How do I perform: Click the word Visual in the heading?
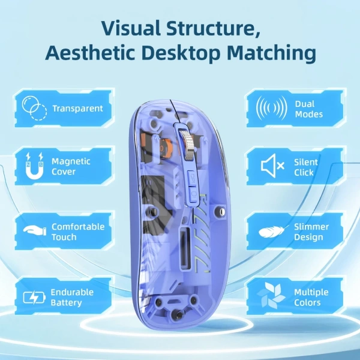point(131,28)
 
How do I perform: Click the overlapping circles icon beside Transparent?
point(34,108)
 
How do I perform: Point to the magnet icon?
point(34,166)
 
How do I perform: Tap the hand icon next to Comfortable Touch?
point(35,230)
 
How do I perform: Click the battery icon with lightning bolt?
point(34,298)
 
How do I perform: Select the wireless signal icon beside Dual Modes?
point(271,108)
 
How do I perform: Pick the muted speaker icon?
point(272,166)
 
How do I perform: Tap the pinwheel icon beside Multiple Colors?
point(271,295)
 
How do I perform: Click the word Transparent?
point(77,109)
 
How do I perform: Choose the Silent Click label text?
point(306,167)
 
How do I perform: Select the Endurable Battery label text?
point(72,298)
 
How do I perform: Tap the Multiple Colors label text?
point(311,298)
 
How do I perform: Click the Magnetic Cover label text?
point(71,166)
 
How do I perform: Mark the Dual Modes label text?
point(309,109)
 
